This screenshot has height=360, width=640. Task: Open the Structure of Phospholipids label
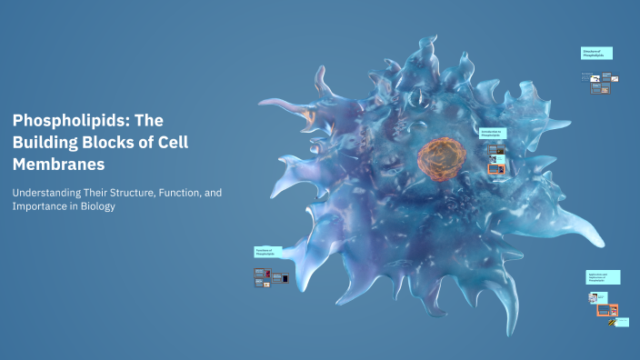pos(596,54)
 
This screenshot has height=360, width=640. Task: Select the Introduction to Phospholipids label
pos(492,133)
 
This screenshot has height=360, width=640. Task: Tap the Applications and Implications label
pos(603,277)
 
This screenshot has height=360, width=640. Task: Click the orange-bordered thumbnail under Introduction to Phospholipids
pos(495,168)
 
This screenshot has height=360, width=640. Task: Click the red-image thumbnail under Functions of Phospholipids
pos(268,273)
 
